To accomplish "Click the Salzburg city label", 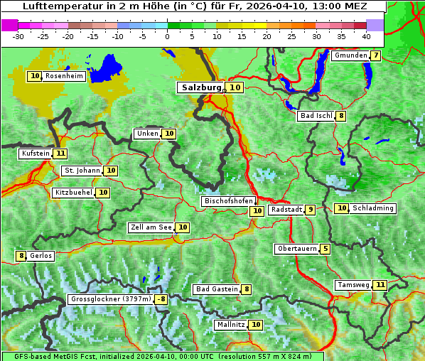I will [201, 87].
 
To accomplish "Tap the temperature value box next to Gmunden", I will [375, 55].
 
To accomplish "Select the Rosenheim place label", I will [64, 76].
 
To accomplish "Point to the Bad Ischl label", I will [316, 117].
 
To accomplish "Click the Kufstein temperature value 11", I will [60, 153].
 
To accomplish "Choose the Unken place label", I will [147, 134].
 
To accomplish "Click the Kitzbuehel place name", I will [73, 193].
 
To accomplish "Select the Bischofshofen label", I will [228, 202].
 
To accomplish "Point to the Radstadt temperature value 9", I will [311, 210].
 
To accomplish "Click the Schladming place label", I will [373, 208].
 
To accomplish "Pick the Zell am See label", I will [151, 227].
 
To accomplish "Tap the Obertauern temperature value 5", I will [325, 249].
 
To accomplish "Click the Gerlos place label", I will [41, 256].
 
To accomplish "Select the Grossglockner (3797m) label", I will [111, 299].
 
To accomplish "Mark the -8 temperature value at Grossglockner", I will [161, 299].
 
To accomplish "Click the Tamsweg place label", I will [353, 285].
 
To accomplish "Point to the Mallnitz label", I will [231, 325].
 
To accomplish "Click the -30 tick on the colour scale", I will [18, 36].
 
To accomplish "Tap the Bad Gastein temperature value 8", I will [247, 289].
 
